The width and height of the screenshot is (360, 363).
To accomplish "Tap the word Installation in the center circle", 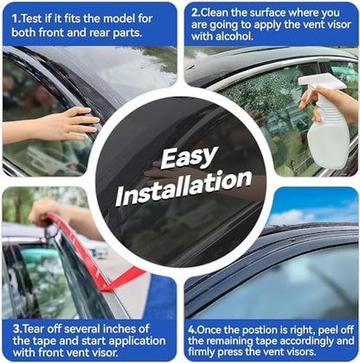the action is point(183,187).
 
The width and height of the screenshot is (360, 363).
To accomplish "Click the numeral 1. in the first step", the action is point(16,19).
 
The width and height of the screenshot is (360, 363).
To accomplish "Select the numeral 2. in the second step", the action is point(196,13).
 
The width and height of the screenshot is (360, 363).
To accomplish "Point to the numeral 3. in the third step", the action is point(17,329).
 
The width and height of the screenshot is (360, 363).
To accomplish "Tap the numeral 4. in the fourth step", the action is point(192,329).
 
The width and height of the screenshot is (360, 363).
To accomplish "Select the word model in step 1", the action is point(119,19).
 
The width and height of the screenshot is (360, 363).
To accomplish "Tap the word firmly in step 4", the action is point(202,352).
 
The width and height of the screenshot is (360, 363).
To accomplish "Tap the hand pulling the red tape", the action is point(42,211).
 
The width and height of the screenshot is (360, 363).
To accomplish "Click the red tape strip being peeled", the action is point(89,254).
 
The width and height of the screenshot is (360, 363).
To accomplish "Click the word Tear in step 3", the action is point(34,329).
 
